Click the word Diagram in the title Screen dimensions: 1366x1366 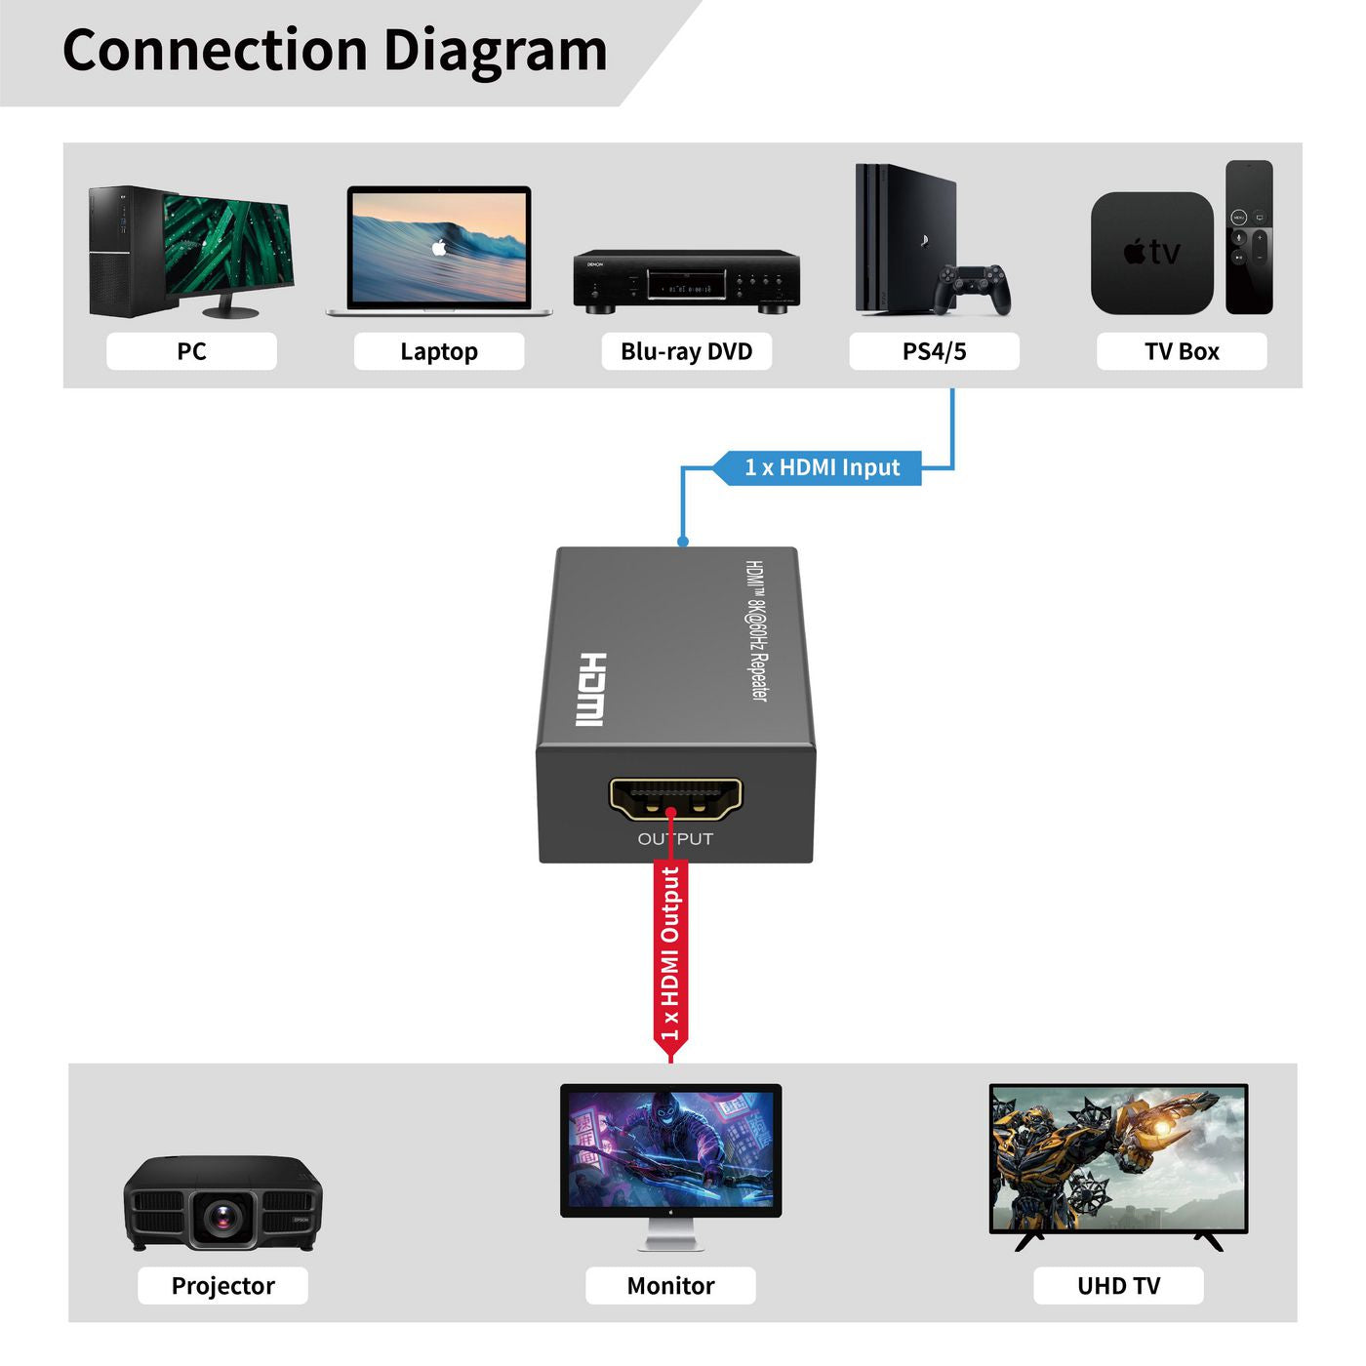495,51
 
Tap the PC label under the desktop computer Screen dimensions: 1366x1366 191,351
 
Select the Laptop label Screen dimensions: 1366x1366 439,351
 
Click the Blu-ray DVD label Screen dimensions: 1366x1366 686,351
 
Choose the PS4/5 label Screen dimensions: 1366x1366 934,351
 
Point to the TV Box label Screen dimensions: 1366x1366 1182,351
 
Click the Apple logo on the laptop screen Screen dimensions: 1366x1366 439,248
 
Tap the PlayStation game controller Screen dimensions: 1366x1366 973,289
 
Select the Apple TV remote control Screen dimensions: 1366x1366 1249,237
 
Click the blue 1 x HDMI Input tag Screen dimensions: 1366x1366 822,467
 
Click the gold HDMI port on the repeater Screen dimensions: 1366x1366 675,798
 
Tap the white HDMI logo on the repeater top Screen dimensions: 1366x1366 590,689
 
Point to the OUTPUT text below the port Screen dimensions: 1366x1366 675,839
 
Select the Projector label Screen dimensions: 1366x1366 222,1286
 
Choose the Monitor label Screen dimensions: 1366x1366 670,1286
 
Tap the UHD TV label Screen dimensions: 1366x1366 1118,1286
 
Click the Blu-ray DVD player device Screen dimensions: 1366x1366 686,281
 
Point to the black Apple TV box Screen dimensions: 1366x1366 1151,253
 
